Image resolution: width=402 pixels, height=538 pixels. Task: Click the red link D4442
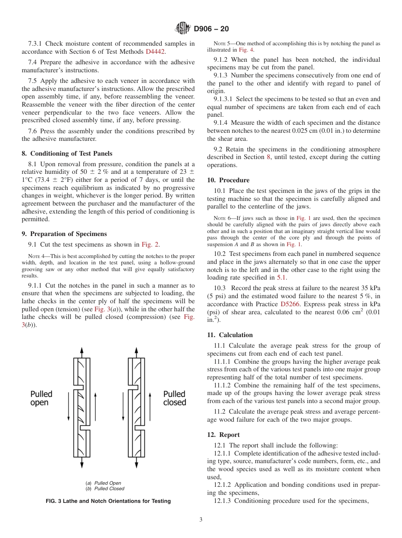tap(155, 51)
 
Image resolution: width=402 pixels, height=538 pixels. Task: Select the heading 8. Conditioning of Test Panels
tap(67, 154)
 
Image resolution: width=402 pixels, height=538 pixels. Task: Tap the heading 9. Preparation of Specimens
tap(64, 234)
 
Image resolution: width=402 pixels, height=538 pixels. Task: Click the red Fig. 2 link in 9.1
tap(150, 244)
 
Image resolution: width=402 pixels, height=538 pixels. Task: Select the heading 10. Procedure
tap(228, 180)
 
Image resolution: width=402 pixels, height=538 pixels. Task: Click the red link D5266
tap(290, 304)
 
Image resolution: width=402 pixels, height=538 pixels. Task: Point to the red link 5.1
tap(281, 277)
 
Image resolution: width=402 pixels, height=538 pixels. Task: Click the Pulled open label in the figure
tap(41, 398)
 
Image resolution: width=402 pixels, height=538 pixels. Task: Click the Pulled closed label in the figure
tap(174, 398)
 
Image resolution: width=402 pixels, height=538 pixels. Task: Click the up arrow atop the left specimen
tap(82, 352)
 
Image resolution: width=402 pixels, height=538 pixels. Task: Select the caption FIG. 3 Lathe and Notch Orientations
tap(108, 501)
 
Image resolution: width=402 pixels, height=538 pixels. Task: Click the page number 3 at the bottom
tap(201, 520)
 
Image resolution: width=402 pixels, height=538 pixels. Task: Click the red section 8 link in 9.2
tap(268, 157)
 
